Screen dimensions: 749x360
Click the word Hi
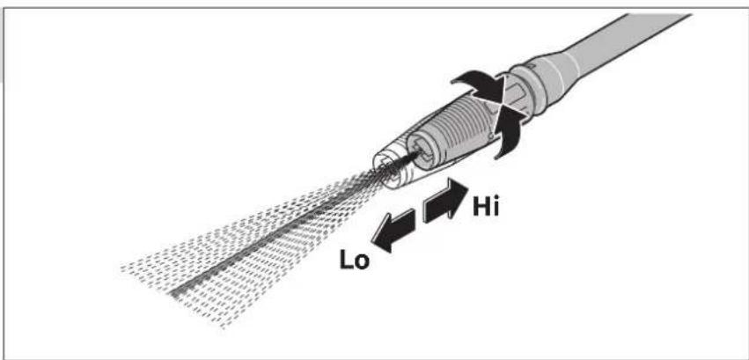(x=486, y=207)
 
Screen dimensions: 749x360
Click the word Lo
(x=355, y=261)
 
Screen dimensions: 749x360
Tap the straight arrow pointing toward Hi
(x=445, y=201)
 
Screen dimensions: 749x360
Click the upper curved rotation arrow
(x=478, y=85)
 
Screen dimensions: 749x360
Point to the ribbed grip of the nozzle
(x=454, y=129)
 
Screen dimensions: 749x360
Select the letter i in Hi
(x=496, y=207)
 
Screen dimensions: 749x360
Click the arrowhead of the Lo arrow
(x=382, y=238)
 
